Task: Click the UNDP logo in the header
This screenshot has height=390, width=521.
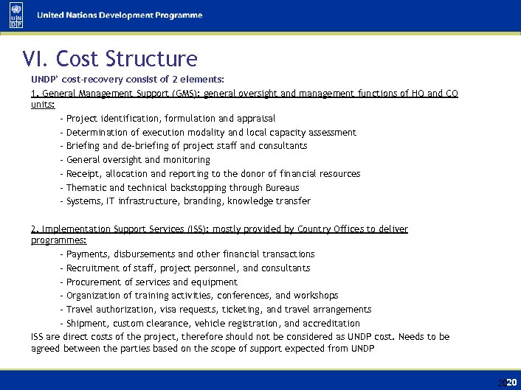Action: (x=15, y=15)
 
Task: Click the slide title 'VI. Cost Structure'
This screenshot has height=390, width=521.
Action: (x=110, y=58)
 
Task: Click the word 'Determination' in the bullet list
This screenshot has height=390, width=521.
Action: (x=97, y=133)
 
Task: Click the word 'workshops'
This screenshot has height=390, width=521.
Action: (x=317, y=296)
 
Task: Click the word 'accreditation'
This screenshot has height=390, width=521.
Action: (x=331, y=324)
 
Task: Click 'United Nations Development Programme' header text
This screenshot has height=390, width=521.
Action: (x=120, y=15)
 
